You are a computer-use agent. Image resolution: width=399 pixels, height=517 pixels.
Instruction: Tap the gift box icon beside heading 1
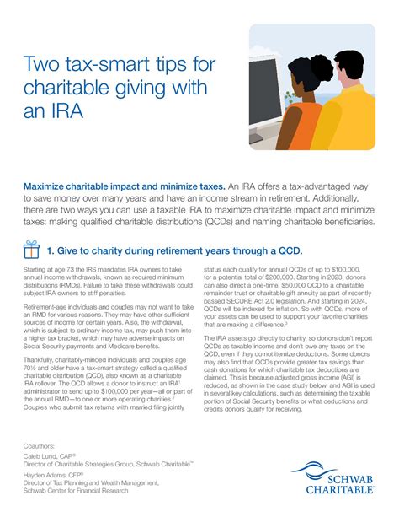pyautogui.click(x=32, y=250)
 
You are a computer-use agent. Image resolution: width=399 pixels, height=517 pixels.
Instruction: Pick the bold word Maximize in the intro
pyautogui.click(x=51, y=184)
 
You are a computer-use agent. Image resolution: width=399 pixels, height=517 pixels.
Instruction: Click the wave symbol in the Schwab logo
pyautogui.click(x=320, y=468)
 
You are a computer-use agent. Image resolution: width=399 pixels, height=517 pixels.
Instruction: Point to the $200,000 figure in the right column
pyautogui.click(x=299, y=278)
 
